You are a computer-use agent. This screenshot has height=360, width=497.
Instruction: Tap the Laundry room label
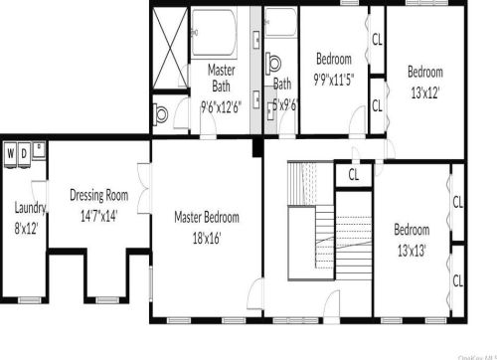pyautogui.click(x=25, y=208)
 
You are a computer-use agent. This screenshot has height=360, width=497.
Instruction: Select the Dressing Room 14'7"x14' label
pyautogui.click(x=99, y=204)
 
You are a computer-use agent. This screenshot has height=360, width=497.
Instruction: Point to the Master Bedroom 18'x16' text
pyautogui.click(x=207, y=227)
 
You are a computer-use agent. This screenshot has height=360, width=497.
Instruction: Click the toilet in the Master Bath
pyautogui.click(x=162, y=113)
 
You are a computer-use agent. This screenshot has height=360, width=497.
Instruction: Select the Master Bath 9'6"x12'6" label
pyautogui.click(x=221, y=89)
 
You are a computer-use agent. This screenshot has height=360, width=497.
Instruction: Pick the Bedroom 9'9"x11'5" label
pyautogui.click(x=334, y=66)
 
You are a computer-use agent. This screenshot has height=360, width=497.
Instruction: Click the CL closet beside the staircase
pyautogui.click(x=353, y=175)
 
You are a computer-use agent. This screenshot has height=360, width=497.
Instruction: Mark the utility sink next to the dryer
pyautogui.click(x=38, y=151)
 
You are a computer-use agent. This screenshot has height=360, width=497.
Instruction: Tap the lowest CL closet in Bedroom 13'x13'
pyautogui.click(x=458, y=280)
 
